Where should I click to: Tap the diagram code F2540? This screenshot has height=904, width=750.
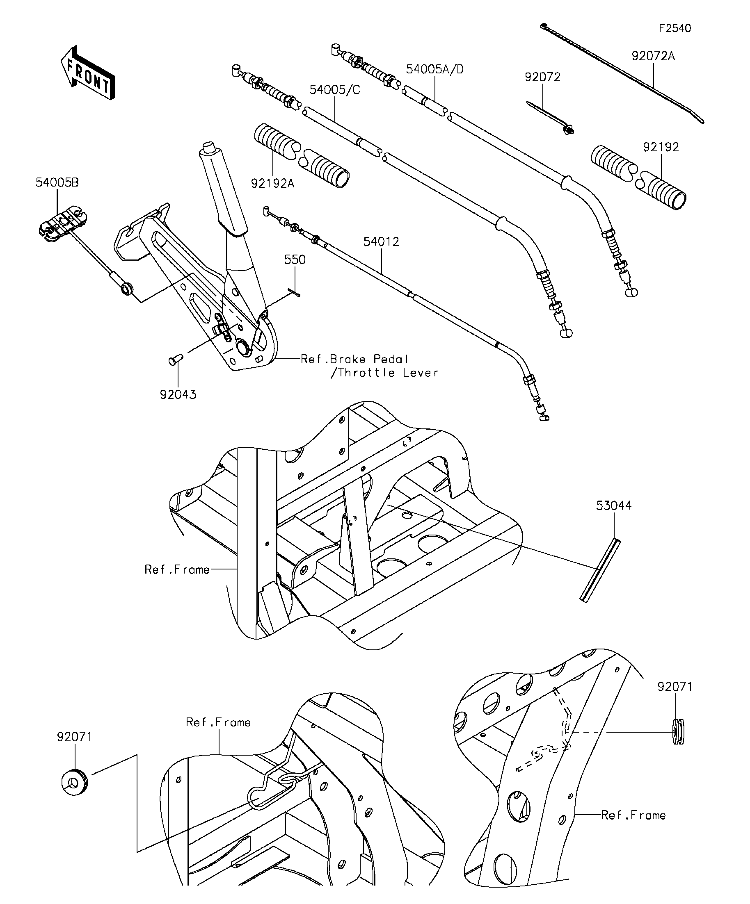675,28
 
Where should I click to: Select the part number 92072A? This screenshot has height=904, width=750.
653,56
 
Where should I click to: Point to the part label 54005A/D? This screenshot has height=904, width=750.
434,69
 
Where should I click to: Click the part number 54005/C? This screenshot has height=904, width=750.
335,90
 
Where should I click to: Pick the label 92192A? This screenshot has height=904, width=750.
273,184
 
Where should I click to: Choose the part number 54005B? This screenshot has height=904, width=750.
57,182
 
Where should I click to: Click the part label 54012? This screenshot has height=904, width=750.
381,242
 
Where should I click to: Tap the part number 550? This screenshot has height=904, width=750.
295,260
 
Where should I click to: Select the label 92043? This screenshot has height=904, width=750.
178,395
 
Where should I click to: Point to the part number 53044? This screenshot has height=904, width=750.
614,506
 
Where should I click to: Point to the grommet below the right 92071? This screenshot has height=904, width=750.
678,732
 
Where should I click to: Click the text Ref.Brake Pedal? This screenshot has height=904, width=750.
354,359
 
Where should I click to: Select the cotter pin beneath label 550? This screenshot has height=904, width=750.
295,292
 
